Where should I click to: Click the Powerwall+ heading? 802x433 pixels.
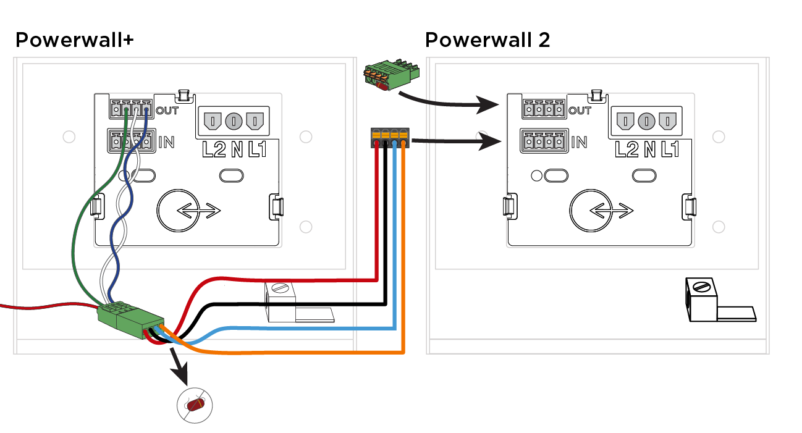tap(75, 40)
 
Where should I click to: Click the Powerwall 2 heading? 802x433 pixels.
tap(488, 40)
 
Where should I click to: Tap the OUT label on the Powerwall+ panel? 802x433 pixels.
tap(167, 111)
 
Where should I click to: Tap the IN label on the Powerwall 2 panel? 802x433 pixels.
tap(579, 143)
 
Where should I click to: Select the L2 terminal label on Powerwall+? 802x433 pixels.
tap(214, 149)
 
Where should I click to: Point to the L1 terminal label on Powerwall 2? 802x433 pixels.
tap(670, 149)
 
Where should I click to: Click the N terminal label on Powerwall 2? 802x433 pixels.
tap(649, 149)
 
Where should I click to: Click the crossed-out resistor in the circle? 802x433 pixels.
tap(195, 405)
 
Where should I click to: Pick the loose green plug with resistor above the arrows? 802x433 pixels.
tap(391, 75)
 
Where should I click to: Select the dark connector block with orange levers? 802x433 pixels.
tap(390, 137)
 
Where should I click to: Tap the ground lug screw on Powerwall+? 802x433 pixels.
tap(281, 288)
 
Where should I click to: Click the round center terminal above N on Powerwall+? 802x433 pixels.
tap(234, 121)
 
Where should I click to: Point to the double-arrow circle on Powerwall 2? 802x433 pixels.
tap(591, 211)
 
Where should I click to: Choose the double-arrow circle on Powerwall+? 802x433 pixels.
tap(179, 211)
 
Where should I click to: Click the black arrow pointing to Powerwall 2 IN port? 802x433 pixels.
tap(456, 141)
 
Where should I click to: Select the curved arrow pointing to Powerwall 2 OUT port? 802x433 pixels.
tap(447, 103)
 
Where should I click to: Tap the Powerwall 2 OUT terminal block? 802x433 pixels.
tap(544, 109)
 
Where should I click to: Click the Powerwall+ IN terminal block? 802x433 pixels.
tap(132, 141)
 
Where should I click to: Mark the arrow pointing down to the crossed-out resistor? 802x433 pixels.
tap(179, 366)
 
